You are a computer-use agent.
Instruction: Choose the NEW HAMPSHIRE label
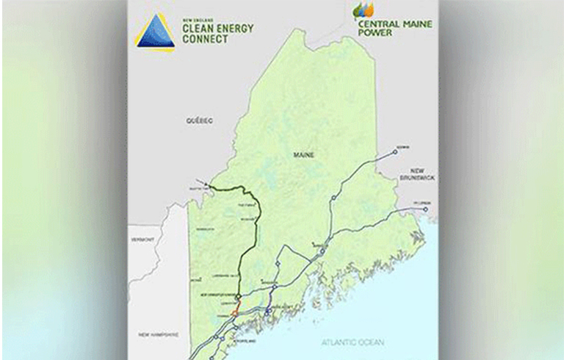(159, 334)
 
